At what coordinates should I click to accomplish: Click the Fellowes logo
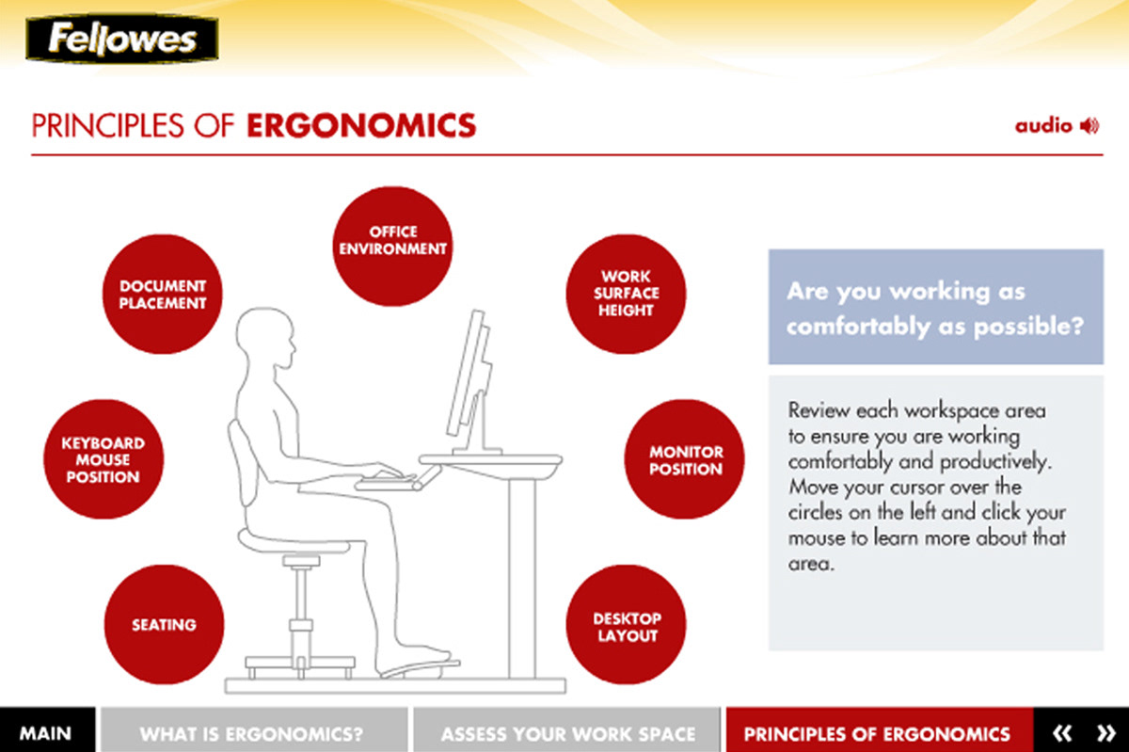click(x=122, y=39)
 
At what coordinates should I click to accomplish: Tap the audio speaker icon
click(x=1089, y=125)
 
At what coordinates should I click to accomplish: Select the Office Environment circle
click(x=392, y=247)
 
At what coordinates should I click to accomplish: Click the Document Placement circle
click(x=162, y=294)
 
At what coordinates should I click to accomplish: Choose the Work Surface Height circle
click(x=626, y=294)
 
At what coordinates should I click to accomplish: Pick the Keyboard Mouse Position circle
click(x=103, y=459)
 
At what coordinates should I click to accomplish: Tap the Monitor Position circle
click(x=685, y=459)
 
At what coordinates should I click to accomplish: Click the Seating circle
click(x=165, y=624)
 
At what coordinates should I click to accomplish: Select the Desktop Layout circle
click(x=626, y=624)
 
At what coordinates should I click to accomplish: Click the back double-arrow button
click(x=1062, y=733)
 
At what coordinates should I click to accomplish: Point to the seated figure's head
click(x=265, y=338)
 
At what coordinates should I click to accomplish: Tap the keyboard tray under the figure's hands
click(x=398, y=479)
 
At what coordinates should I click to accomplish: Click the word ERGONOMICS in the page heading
click(x=361, y=125)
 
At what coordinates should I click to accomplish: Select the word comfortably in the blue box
click(x=858, y=327)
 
